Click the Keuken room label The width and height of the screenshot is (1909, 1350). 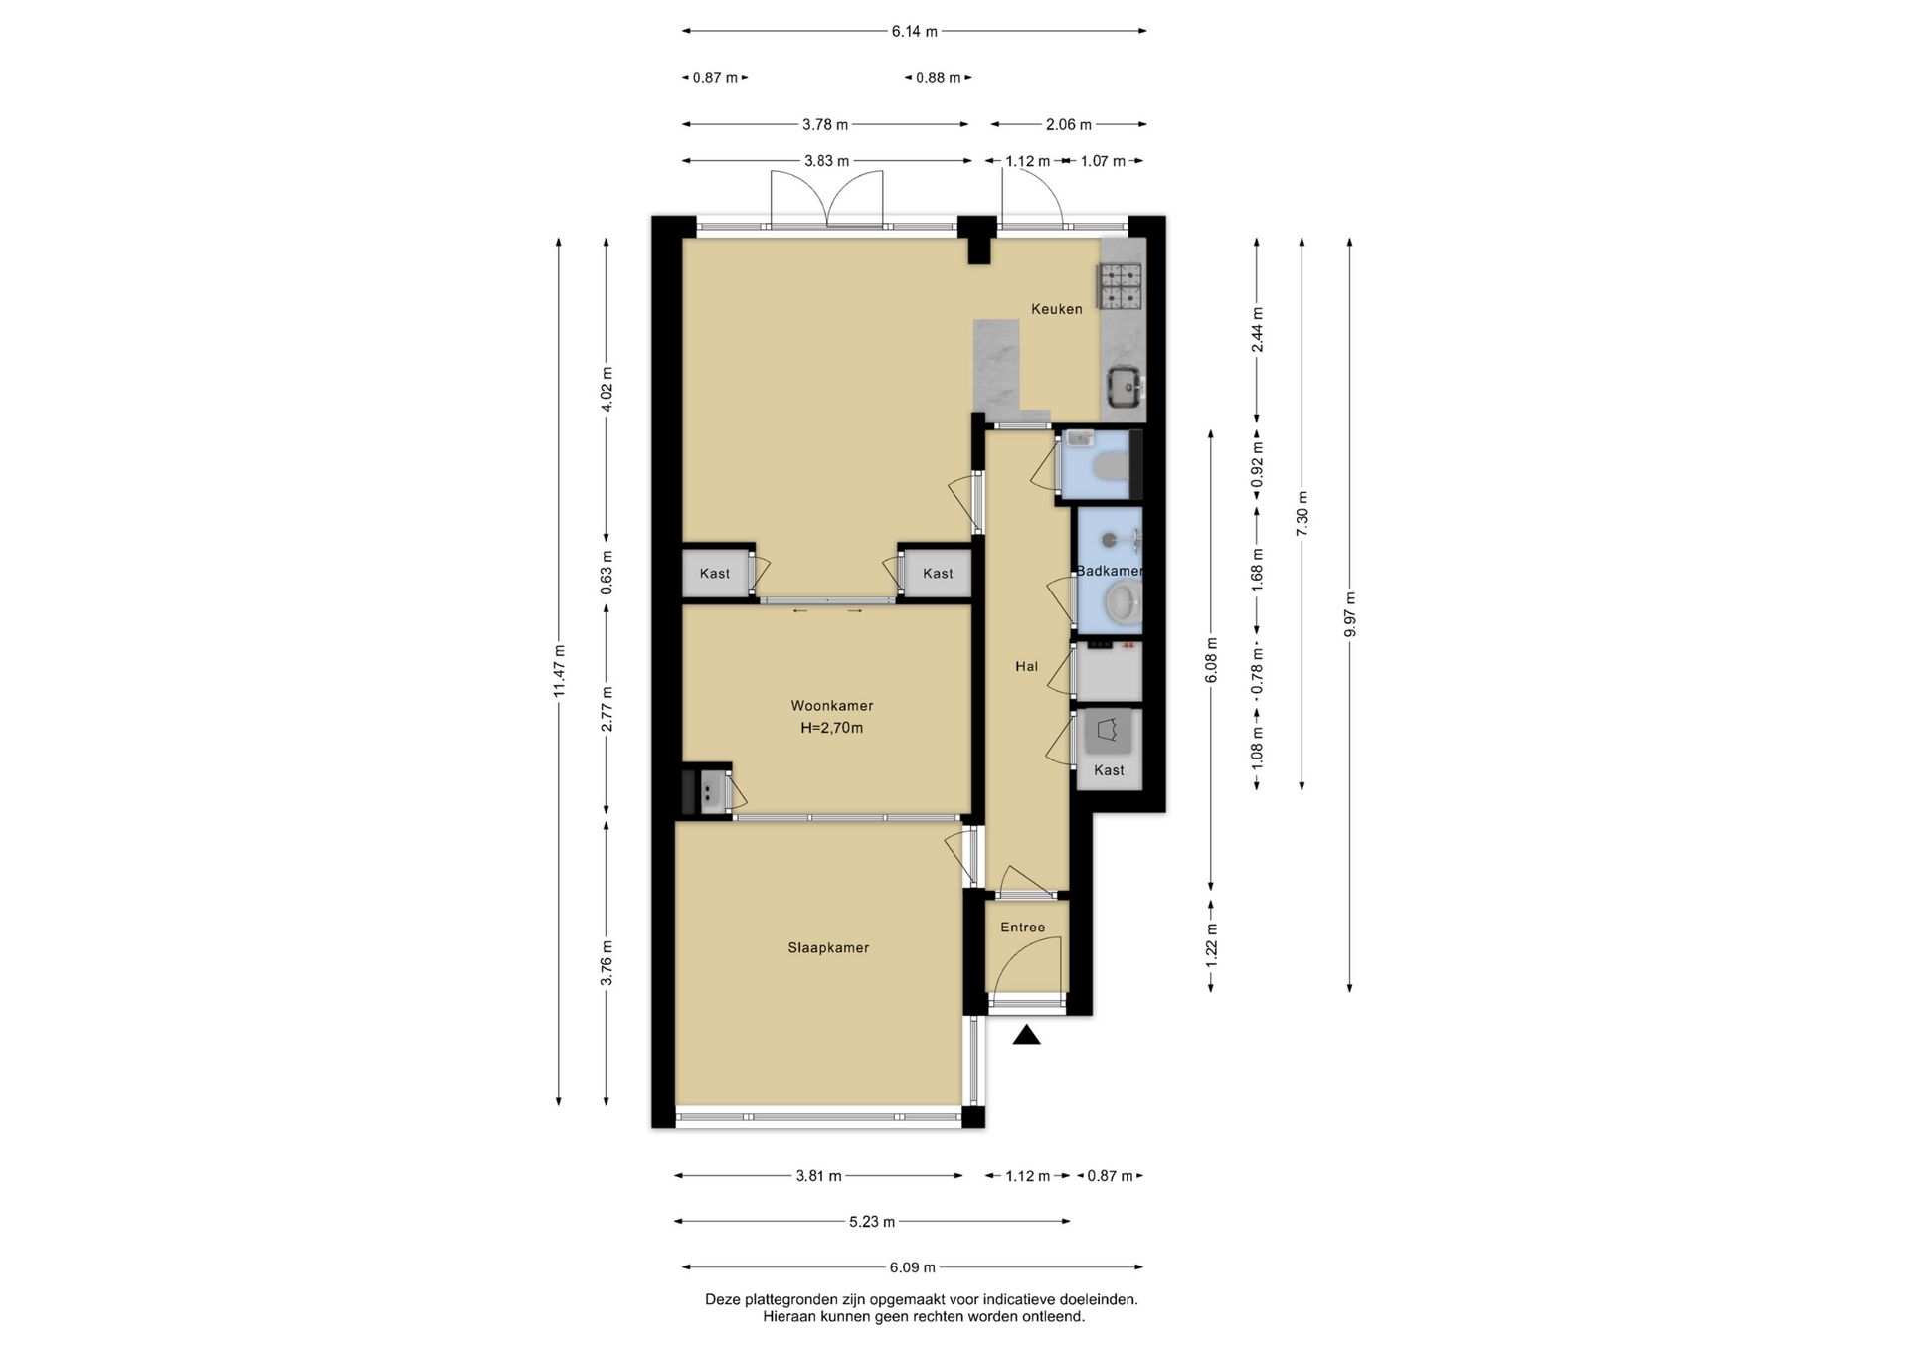pos(1056,309)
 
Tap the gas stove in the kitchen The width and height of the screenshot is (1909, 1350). pos(1120,285)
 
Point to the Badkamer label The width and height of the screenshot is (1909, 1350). pos(1110,571)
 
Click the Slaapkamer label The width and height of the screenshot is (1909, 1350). pos(828,948)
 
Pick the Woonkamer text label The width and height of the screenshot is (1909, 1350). pos(832,706)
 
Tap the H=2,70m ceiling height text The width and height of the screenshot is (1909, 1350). pos(832,728)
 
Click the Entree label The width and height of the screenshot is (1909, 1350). pos(1022,928)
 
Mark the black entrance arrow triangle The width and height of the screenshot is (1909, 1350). pos(1027,1036)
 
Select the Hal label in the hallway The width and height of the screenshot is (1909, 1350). pos(1026,667)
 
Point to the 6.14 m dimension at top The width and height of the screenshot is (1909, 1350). pos(914,31)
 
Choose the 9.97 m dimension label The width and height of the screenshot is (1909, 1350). pos(1349,617)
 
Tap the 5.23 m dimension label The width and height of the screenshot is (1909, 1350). pos(872,1222)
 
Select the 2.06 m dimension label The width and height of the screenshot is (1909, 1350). pos(1069,125)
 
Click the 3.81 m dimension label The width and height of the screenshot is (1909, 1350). pos(818,1176)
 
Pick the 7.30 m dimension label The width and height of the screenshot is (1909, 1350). pos(1302,514)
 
